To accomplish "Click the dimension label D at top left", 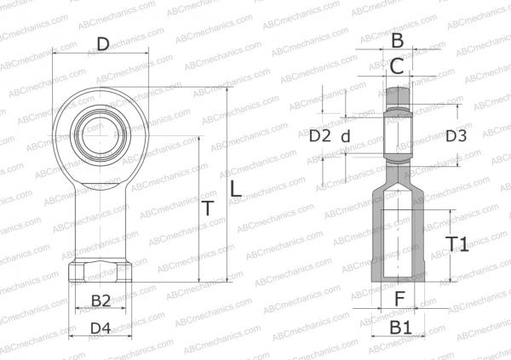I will pos(101,43).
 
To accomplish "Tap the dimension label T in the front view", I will pos(207,209).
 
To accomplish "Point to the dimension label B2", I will pos(100,300).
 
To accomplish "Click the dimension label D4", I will pos(100,327).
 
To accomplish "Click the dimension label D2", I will pos(319,135).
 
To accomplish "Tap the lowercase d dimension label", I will pos(345,136).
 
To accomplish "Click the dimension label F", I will pos(399,298).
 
